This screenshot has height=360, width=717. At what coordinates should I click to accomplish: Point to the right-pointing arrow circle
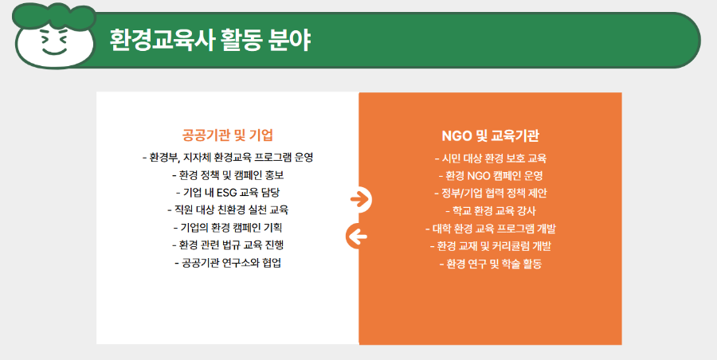click(361, 199)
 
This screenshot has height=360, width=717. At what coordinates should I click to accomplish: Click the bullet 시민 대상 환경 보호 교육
click(490, 158)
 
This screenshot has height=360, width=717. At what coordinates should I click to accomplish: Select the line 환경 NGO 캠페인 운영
click(490, 175)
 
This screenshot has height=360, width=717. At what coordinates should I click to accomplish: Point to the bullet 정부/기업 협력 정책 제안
click(490, 193)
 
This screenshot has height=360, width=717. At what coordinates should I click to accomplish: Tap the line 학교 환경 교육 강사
click(490, 210)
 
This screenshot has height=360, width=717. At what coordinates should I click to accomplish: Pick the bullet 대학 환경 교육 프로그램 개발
click(490, 228)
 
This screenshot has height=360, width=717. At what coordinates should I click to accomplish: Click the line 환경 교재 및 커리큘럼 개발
click(490, 245)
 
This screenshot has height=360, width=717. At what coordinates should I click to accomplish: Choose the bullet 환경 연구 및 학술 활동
click(490, 263)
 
